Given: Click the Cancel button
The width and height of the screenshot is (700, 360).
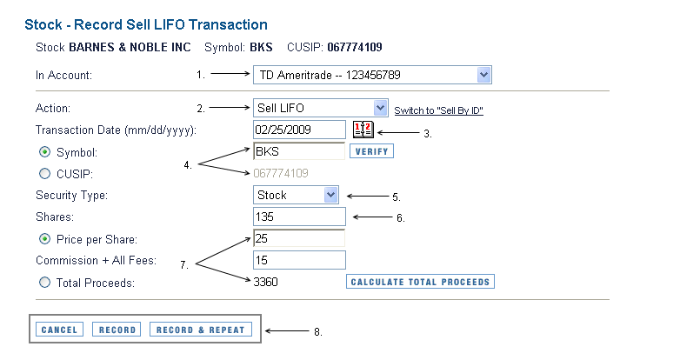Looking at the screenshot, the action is pyautogui.click(x=59, y=330).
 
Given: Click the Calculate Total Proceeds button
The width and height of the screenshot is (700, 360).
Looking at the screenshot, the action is pyautogui.click(x=420, y=282).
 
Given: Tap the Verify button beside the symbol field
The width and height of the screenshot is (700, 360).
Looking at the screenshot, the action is pyautogui.click(x=371, y=151).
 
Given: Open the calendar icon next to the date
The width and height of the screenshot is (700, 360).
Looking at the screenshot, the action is pyautogui.click(x=363, y=130).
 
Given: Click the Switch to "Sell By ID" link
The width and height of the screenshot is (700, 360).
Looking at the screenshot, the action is pyautogui.click(x=438, y=110).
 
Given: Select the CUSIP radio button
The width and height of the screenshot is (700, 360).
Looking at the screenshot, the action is pyautogui.click(x=44, y=173).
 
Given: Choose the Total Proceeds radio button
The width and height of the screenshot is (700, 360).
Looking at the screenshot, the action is pyautogui.click(x=44, y=283).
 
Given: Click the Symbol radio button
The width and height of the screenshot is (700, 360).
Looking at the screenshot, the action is pyautogui.click(x=44, y=152).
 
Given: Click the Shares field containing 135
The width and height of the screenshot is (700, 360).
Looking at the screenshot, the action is pyautogui.click(x=299, y=217).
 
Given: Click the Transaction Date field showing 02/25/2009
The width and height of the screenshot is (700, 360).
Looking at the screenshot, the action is pyautogui.click(x=299, y=130).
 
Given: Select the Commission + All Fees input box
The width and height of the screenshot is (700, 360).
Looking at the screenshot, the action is pyautogui.click(x=299, y=260).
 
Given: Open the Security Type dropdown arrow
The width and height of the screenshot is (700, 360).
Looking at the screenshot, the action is pyautogui.click(x=330, y=195).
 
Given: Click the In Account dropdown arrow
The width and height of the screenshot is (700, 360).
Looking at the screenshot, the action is pyautogui.click(x=483, y=75).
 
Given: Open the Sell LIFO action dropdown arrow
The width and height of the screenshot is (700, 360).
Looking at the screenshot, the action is pyautogui.click(x=380, y=108).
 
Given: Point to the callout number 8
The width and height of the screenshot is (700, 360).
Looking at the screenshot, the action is pyautogui.click(x=318, y=332).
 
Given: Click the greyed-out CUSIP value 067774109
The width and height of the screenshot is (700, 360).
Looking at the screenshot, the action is pyautogui.click(x=280, y=173).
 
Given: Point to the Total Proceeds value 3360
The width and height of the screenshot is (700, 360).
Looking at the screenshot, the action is pyautogui.click(x=265, y=282).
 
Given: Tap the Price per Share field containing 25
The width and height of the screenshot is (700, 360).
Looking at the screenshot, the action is pyautogui.click(x=299, y=238).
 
